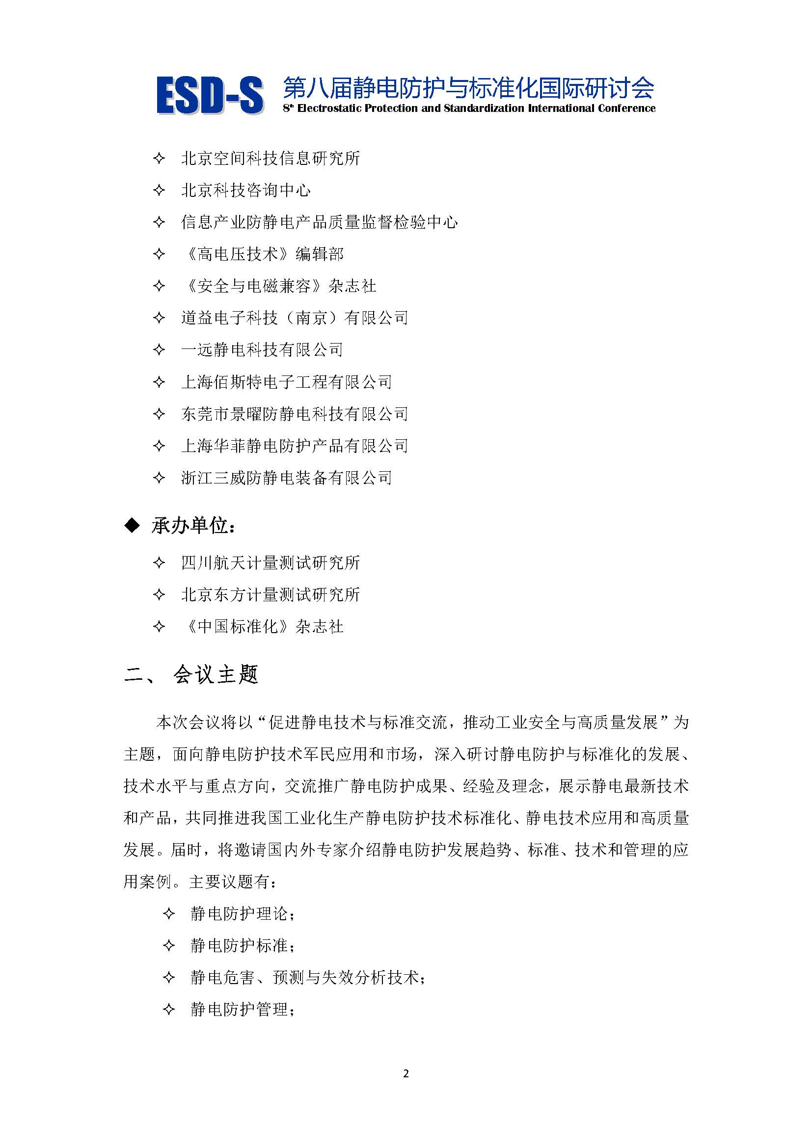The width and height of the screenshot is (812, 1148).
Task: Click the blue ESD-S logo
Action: pyautogui.click(x=210, y=95)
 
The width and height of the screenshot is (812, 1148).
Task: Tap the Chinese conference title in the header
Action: pyautogui.click(x=468, y=88)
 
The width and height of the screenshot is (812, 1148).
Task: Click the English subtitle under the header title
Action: pyautogui.click(x=469, y=108)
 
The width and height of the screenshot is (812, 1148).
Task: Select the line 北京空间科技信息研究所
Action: pyautogui.click(x=270, y=159)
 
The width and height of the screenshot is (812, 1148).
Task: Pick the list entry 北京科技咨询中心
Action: pyautogui.click(x=245, y=190)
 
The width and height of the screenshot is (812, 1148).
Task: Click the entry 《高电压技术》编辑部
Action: pyautogui.click(x=263, y=254)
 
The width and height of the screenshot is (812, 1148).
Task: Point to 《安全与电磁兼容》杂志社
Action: pyautogui.click(x=279, y=286)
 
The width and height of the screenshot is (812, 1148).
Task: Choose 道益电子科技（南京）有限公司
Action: pyautogui.click(x=295, y=318)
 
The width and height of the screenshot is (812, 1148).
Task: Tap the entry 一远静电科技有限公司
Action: pyautogui.click(x=262, y=350)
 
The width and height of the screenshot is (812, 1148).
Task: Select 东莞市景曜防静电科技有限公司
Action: pyautogui.click(x=295, y=414)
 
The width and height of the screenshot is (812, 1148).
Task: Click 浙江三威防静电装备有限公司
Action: pyautogui.click(x=287, y=478)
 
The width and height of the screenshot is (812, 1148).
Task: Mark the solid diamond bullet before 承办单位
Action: pyautogui.click(x=132, y=526)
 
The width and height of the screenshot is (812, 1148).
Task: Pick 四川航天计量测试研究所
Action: pyautogui.click(x=270, y=563)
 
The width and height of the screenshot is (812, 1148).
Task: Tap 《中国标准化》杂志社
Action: pyautogui.click(x=263, y=627)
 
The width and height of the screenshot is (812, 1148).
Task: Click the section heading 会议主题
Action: pyautogui.click(x=215, y=675)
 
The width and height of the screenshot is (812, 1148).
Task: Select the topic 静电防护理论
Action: pyautogui.click(x=242, y=914)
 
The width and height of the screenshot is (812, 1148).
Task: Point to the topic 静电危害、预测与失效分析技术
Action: pyautogui.click(x=307, y=978)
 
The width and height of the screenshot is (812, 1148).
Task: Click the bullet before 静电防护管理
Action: pyautogui.click(x=169, y=1010)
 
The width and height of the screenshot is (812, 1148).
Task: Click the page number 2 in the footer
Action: pyautogui.click(x=406, y=1073)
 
